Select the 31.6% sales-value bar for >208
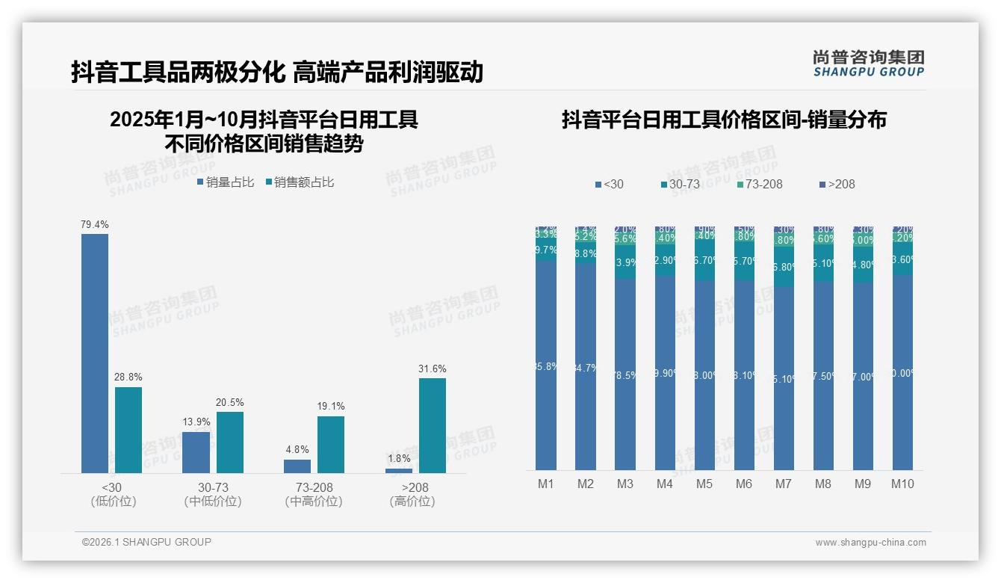tap(432, 425)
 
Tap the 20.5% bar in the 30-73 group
tap(230, 442)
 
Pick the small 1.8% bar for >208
tap(399, 470)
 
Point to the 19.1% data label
tap(331, 407)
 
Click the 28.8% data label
tap(128, 377)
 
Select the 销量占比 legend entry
tap(226, 182)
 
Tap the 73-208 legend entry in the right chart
tap(759, 184)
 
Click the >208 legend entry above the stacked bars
tap(837, 184)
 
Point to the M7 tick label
tap(783, 484)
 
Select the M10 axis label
tap(902, 484)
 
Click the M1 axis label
tap(546, 484)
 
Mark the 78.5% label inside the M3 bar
tap(625, 375)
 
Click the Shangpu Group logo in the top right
tap(868, 64)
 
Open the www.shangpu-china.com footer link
tap(870, 543)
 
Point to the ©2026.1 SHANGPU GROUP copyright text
tap(146, 542)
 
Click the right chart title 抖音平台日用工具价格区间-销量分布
tap(724, 120)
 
